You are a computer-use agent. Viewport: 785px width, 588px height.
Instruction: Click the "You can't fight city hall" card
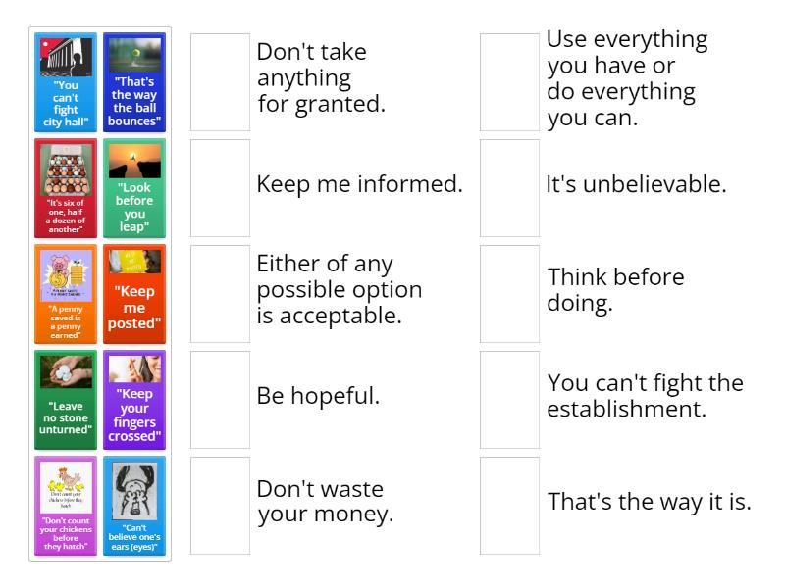click(66, 82)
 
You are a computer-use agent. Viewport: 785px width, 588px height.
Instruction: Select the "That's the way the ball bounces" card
click(134, 82)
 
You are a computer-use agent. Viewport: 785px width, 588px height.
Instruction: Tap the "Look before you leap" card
click(134, 188)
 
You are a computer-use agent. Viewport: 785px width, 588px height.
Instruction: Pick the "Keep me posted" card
click(134, 294)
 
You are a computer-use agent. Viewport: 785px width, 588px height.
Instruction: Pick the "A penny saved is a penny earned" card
click(66, 294)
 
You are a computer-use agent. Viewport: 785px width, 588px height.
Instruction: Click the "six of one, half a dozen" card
click(66, 188)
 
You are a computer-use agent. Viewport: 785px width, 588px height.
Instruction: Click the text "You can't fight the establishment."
click(645, 396)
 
